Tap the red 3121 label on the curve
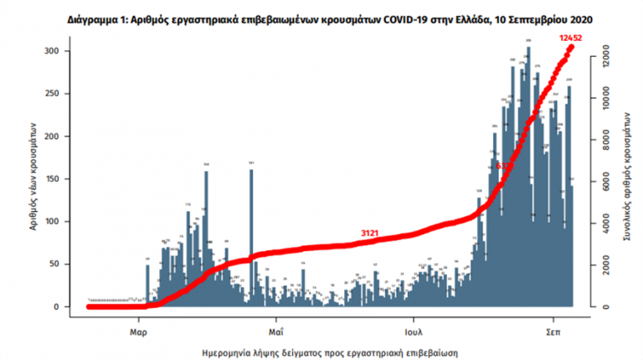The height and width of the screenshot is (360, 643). [x=372, y=233]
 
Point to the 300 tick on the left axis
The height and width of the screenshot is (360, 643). [x=75, y=52]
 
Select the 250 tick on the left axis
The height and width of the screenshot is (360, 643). [x=75, y=94]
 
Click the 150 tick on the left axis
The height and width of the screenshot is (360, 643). [x=75, y=179]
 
